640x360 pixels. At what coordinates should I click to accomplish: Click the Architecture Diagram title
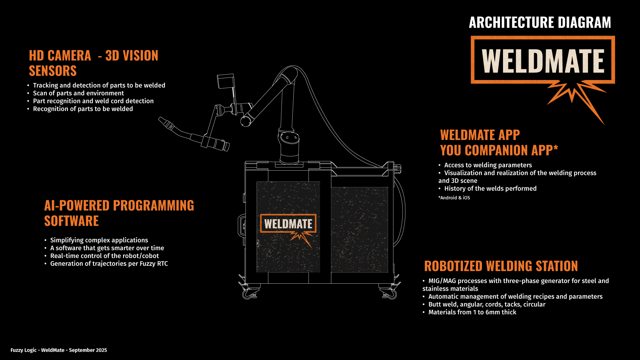(x=540, y=23)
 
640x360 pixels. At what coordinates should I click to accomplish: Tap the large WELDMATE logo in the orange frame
(x=543, y=61)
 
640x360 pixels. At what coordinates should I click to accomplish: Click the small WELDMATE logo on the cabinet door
(x=288, y=224)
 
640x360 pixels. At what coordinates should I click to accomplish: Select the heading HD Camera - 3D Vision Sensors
(x=93, y=63)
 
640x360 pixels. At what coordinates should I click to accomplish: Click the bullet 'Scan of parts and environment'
(x=78, y=93)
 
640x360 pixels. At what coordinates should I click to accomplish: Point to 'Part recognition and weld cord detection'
(x=93, y=101)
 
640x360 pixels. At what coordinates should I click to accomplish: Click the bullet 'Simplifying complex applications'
(x=99, y=240)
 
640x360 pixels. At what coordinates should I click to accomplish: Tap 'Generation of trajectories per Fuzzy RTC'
(x=109, y=264)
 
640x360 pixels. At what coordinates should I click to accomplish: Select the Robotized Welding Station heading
(x=501, y=266)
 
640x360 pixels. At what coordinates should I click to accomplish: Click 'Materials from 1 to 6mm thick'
(x=472, y=312)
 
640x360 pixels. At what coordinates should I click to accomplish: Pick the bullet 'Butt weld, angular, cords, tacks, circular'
(x=487, y=304)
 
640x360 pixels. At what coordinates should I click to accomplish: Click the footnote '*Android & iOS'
(x=454, y=198)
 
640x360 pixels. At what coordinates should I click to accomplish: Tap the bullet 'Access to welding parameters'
(x=488, y=165)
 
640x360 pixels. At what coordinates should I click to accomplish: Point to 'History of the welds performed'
(x=490, y=189)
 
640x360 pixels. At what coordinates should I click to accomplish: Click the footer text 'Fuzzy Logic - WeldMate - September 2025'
(x=59, y=350)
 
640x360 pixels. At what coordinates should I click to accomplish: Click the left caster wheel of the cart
(x=248, y=294)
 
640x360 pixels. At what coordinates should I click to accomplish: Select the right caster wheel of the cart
(x=392, y=294)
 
